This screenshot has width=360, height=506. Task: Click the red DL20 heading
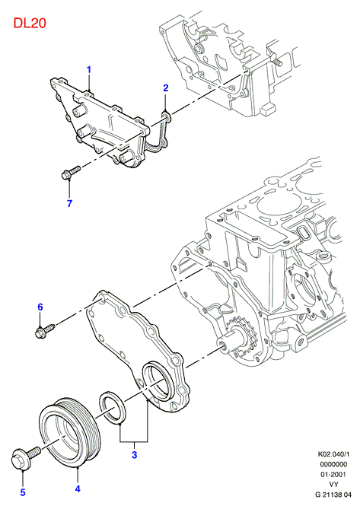30,23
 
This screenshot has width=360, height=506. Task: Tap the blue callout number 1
89,70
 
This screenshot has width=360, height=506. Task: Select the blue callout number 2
166,88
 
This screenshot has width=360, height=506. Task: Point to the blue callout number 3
134,455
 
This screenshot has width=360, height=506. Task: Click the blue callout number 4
78,489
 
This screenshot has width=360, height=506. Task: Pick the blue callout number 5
23,492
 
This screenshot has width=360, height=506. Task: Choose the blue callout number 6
40,307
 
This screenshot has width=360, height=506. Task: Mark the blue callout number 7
69,203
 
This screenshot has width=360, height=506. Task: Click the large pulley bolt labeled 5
25,457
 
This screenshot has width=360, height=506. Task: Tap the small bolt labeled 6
45,331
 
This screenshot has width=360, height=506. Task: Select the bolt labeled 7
70,172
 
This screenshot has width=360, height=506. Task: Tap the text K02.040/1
333,454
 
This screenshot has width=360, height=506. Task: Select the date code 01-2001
333,474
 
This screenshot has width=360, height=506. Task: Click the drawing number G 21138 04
333,495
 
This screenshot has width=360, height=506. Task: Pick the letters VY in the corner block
333,485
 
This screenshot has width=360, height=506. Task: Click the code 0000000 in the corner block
333,464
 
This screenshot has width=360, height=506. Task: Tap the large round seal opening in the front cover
158,381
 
